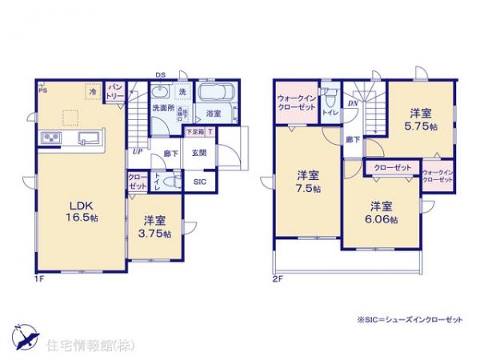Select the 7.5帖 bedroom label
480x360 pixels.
(306, 182)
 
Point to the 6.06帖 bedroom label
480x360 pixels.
(382, 213)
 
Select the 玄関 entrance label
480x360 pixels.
(199, 153)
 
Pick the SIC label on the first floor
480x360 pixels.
(200, 182)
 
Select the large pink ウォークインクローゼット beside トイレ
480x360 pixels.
(297, 104)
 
